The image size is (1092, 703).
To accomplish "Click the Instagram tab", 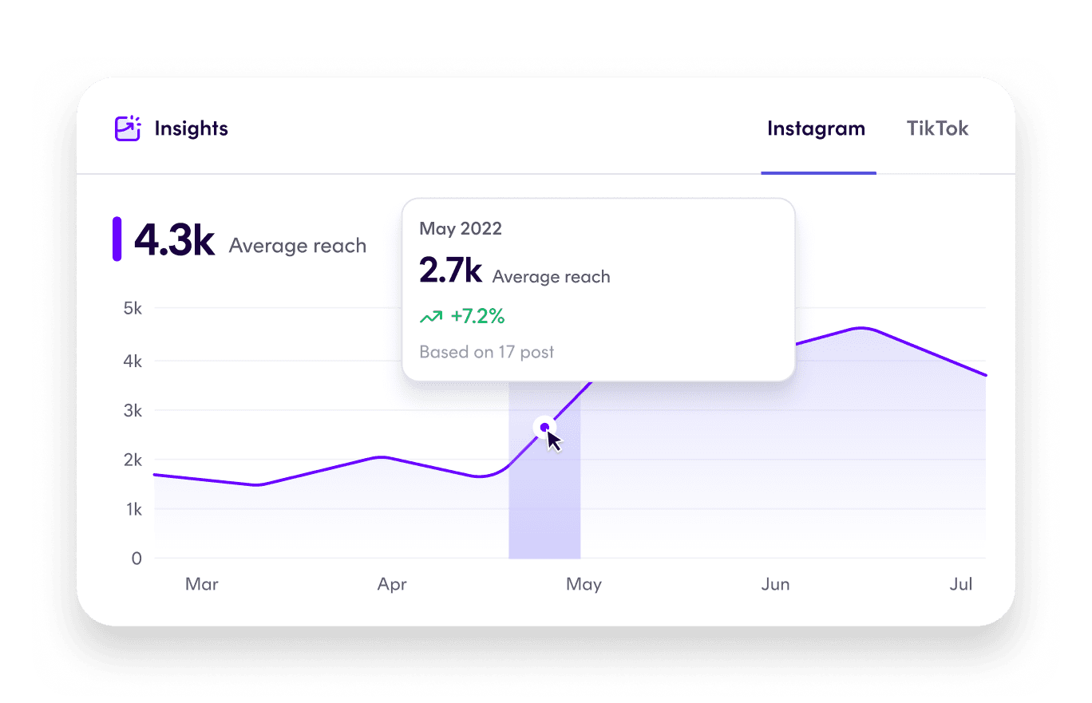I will (816, 129).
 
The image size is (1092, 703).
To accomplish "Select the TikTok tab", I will (937, 129).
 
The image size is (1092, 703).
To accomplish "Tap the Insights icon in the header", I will (128, 128).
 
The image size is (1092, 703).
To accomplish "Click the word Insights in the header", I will (191, 128).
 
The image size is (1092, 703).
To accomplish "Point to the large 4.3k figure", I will (174, 240).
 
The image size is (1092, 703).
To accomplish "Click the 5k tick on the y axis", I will (132, 309).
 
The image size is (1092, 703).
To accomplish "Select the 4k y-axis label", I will (132, 361).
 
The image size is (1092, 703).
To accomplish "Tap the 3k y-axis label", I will (132, 411).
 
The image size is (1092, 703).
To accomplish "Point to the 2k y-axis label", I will (132, 460).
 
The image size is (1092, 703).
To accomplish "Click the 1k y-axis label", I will (132, 509).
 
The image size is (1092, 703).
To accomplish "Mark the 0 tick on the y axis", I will (136, 559).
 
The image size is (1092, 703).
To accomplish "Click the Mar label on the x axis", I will (202, 585).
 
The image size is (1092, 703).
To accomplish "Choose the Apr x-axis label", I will (392, 585).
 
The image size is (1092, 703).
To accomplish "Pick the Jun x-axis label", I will (775, 585).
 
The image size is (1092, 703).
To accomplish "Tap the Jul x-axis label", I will (961, 585).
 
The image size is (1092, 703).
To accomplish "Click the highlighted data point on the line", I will (544, 428).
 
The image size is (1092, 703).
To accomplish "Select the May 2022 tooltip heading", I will (461, 229).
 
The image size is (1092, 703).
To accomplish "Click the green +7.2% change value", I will (477, 317).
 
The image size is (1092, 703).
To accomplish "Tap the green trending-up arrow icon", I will (431, 318).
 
